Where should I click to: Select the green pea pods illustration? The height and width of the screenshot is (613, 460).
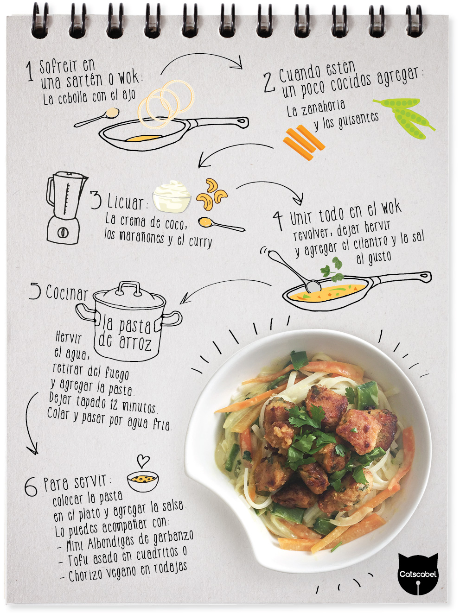tap(404, 118)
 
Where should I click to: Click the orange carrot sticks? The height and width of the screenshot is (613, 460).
tap(304, 142)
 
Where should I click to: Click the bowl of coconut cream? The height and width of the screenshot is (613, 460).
tap(172, 196)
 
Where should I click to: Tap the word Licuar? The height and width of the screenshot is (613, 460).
tap(125, 202)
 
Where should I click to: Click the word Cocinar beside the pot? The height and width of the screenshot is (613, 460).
tap(66, 293)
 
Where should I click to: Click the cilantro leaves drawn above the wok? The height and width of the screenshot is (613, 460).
tap(332, 269)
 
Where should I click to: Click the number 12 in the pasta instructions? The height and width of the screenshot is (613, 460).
tap(114, 404)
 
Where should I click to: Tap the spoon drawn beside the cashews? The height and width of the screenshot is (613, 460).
tap(221, 224)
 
